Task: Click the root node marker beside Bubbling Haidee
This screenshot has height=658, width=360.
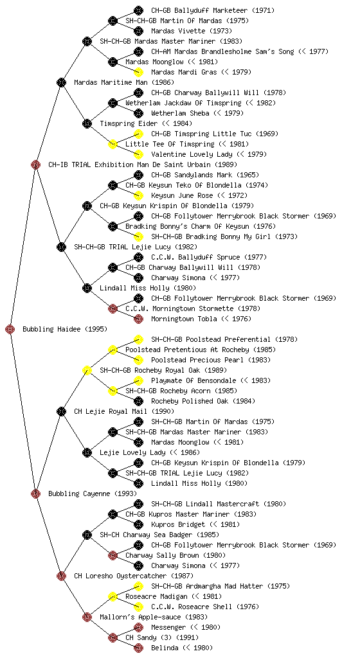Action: point(10,329)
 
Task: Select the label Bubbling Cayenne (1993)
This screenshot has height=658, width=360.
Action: point(93,493)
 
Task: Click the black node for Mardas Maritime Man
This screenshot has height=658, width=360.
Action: point(61,82)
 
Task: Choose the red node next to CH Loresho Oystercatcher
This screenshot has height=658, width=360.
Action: point(61,576)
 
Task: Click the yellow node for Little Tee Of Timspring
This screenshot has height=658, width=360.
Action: point(113,144)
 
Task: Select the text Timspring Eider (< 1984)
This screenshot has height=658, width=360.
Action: point(146,123)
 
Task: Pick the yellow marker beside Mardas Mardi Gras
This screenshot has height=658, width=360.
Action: point(138,72)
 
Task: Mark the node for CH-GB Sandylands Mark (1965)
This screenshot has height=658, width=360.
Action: point(138,175)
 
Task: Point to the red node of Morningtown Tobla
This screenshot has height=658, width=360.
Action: point(138,319)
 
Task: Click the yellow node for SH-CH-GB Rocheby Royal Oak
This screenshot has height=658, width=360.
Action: point(87,370)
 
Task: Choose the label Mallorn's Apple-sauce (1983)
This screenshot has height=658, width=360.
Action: point(154,617)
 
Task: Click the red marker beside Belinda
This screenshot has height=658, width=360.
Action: point(138,648)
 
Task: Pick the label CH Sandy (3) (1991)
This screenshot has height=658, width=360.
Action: point(162,637)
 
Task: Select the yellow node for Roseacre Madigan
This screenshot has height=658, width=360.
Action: point(113,596)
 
